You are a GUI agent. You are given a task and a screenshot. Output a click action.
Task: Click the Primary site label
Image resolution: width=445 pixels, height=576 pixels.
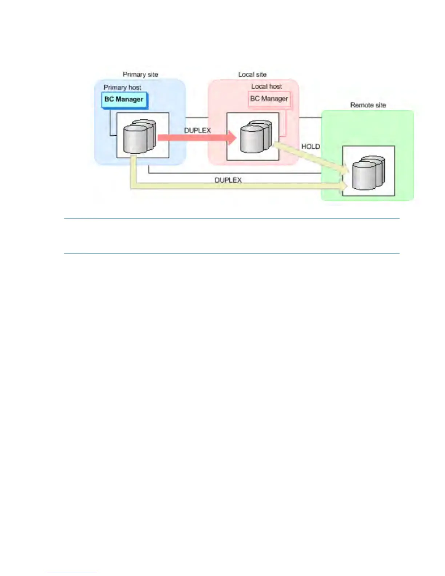[x=140, y=75]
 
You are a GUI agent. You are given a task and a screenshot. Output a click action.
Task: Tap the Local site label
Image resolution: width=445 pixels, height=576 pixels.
[x=252, y=75]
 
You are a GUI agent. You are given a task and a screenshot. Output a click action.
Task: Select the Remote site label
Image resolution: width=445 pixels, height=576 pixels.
[x=368, y=105]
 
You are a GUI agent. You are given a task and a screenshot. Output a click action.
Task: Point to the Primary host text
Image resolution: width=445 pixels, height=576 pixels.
[x=122, y=88]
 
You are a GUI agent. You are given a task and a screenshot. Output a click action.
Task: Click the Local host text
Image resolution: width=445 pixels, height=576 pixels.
[x=266, y=87]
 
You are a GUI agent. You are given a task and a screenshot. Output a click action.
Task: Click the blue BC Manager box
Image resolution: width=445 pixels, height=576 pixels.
[x=124, y=100]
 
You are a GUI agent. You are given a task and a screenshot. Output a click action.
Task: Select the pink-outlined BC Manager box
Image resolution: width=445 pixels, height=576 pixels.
[x=269, y=99]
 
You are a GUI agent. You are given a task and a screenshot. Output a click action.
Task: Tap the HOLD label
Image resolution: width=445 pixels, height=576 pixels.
[x=310, y=147]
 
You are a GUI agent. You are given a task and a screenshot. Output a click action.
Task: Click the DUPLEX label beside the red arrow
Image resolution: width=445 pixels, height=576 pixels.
[x=197, y=131]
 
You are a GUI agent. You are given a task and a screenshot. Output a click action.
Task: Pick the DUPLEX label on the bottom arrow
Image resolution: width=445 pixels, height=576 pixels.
[x=228, y=180]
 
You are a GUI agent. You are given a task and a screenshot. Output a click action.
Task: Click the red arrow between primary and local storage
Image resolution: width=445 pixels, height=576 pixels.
[x=193, y=137]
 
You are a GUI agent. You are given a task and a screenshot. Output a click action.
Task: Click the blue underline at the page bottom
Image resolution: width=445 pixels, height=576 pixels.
[x=72, y=573]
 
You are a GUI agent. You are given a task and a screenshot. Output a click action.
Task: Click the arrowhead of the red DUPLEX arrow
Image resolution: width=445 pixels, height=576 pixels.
[x=232, y=137]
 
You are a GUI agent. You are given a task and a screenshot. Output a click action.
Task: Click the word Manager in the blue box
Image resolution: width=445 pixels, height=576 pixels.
[x=129, y=100]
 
